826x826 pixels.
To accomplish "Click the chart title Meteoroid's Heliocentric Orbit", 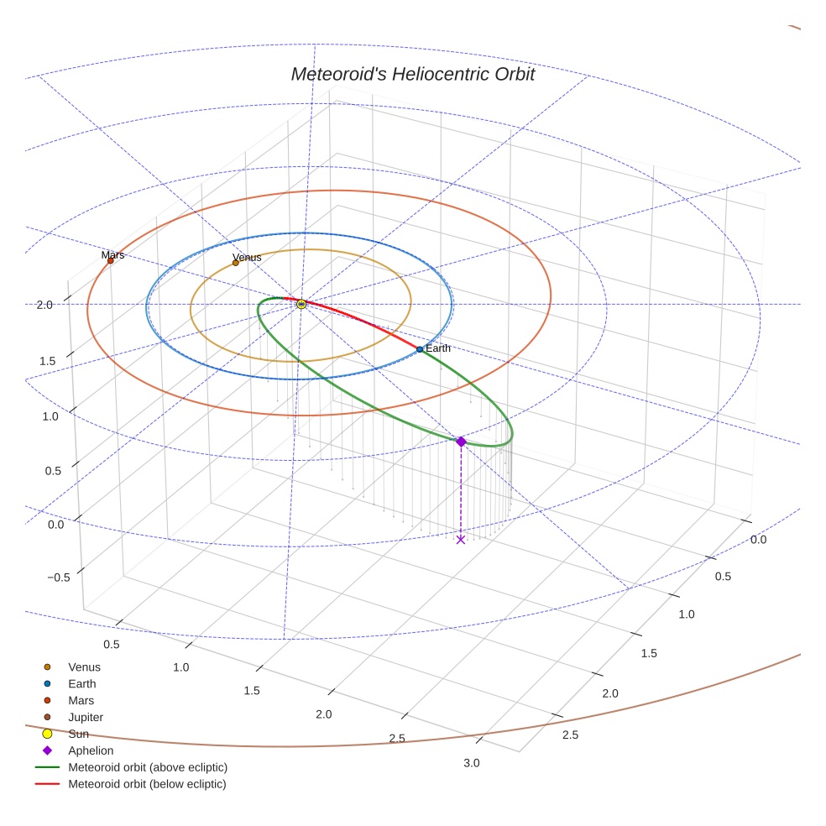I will pos(412,75).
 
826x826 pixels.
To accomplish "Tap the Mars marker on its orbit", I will pos(110,261).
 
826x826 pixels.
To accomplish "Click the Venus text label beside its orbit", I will pos(247,257).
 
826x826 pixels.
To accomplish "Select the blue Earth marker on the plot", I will pos(420,349).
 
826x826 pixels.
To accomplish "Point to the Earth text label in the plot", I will pos(438,348).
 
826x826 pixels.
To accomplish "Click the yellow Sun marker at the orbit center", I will pos(301,304).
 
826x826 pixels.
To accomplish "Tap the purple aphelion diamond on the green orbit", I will pos(461,442).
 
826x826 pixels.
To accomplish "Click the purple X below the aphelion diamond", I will pos(460,540).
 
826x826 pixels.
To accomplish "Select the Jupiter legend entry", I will pos(86,718).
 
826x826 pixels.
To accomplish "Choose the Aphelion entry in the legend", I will pos(90,751).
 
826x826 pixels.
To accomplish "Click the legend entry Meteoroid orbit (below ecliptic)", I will pos(147,785).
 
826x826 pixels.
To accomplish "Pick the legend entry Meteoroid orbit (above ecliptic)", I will pos(147,768).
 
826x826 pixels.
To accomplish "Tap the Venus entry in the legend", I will pos(84,667).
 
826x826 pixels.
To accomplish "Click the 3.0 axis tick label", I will pos(472,763).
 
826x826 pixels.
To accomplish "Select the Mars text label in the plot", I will pos(112,254).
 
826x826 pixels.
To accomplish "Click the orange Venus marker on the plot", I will pos(235,263).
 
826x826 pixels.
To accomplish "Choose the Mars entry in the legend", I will pos(81,701).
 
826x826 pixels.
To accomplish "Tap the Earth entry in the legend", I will pos(81,684).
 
